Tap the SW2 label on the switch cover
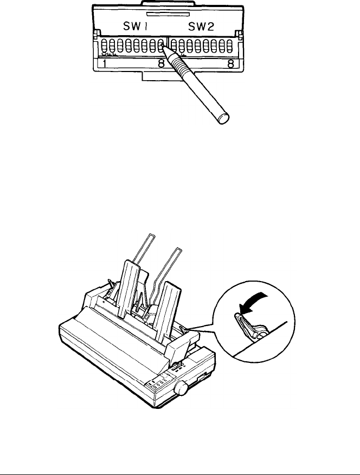(x=204, y=27)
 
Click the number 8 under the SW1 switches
(x=161, y=64)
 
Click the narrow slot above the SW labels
(x=169, y=10)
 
